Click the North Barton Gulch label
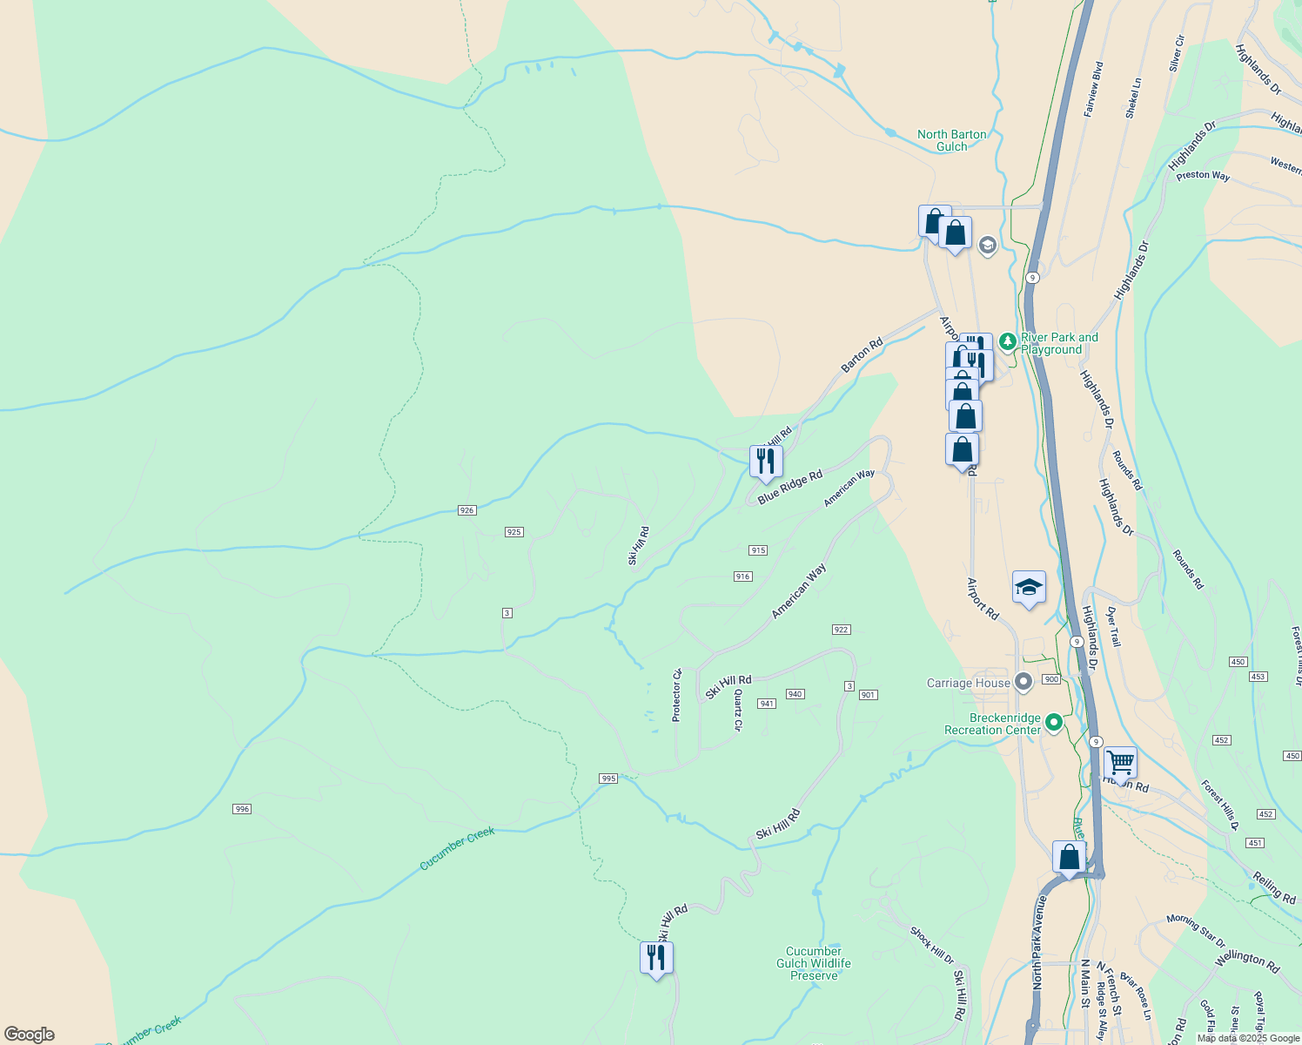951,140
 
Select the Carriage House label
968,683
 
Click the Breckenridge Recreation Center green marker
1054,722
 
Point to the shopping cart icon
1119,763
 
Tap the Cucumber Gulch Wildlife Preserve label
813,963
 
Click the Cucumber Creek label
457,848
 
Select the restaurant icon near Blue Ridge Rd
765,462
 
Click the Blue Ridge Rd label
789,487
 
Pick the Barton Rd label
862,355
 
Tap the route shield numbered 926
466,510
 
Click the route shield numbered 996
242,809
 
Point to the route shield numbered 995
608,779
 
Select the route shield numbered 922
841,630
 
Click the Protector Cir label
676,695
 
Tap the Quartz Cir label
738,710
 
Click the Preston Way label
1203,175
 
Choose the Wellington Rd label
1247,961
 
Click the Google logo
29,1035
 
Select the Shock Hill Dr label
931,946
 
